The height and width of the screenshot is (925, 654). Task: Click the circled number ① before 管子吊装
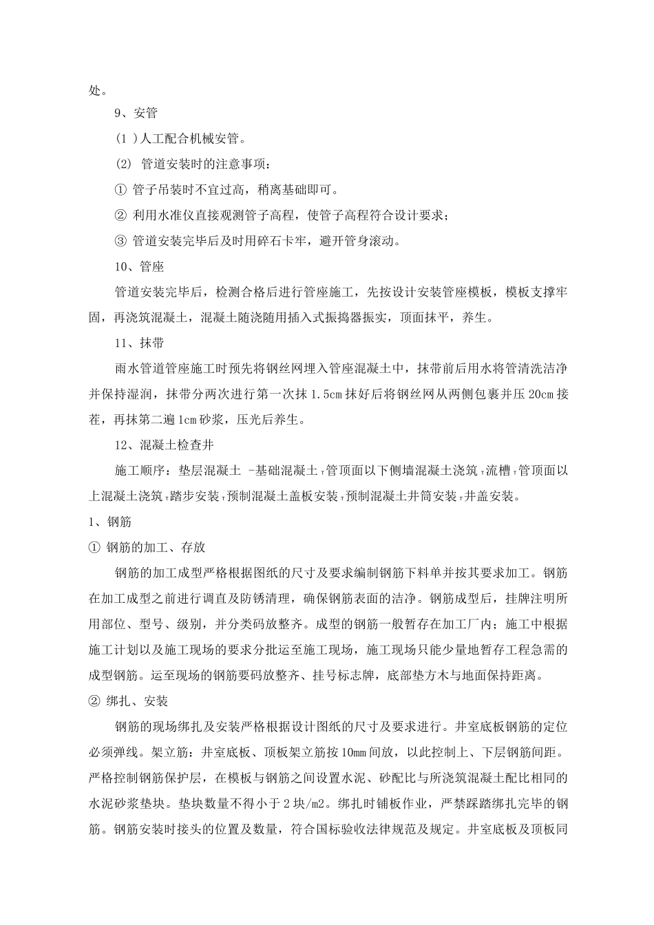click(120, 190)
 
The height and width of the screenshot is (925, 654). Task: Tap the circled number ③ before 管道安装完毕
click(120, 241)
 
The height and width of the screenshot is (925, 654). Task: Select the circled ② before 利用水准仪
click(120, 215)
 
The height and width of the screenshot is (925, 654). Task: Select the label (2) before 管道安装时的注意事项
click(123, 164)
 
